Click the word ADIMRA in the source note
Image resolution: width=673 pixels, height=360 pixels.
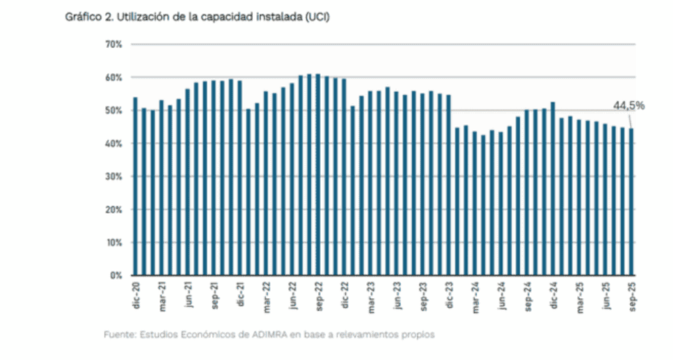(267, 335)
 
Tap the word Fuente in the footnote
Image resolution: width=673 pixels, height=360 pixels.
(119, 335)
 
